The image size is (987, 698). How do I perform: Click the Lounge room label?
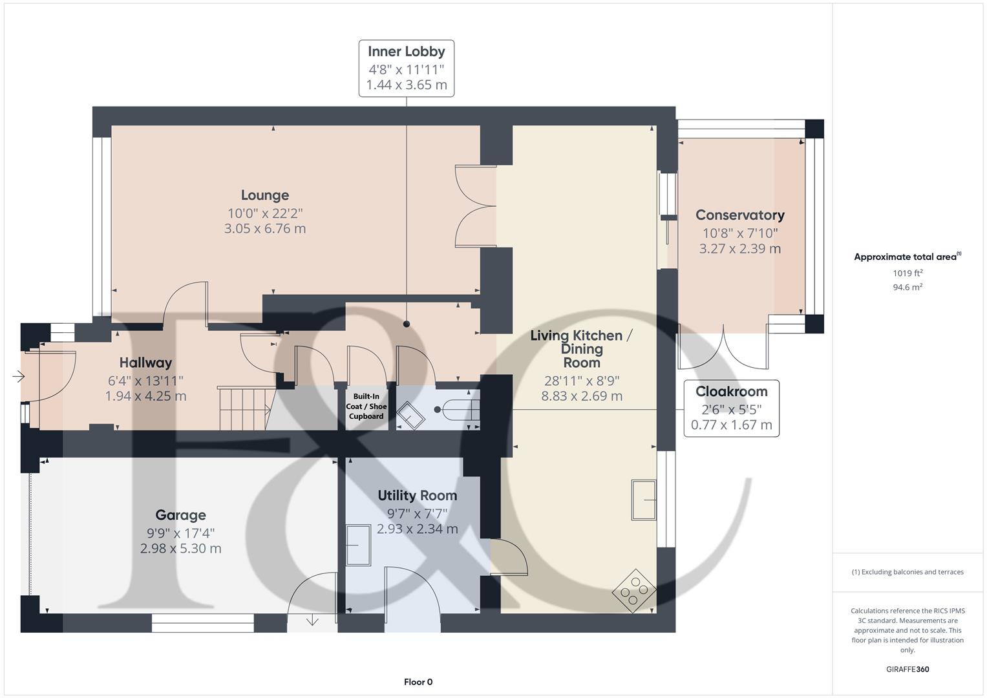(x=264, y=195)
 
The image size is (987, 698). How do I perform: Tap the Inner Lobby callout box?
(x=406, y=69)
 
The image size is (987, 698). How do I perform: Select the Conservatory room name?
(x=739, y=215)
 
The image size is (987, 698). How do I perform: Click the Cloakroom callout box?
(x=731, y=408)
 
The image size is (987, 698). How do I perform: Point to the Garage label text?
(x=180, y=515)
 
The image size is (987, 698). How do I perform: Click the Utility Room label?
(x=417, y=496)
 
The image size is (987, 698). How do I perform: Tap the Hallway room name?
(x=145, y=363)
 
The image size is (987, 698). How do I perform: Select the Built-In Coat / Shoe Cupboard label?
(x=366, y=407)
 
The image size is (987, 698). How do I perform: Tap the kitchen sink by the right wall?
(x=644, y=500)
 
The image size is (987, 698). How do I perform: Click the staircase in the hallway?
(x=244, y=408)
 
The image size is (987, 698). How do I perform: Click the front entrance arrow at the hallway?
(x=18, y=376)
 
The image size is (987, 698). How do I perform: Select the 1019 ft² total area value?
(x=907, y=273)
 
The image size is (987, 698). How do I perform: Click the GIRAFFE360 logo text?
(x=907, y=669)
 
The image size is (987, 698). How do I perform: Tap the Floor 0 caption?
(x=418, y=682)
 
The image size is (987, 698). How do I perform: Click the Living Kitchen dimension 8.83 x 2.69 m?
(x=582, y=396)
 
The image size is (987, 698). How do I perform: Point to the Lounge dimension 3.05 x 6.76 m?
(x=264, y=229)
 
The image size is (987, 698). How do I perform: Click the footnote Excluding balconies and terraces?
(x=907, y=572)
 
